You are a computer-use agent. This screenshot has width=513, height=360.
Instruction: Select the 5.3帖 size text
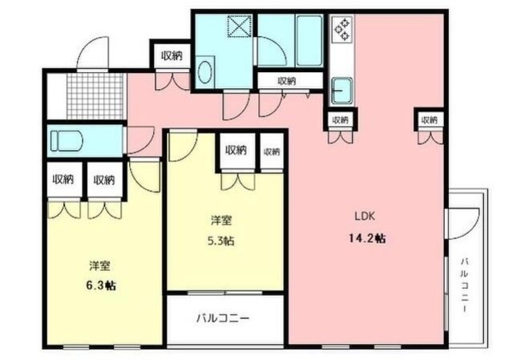point(223,241)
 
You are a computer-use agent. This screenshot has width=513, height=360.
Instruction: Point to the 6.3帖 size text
point(100,285)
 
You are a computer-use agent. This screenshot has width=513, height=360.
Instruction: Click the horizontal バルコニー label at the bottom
point(224,318)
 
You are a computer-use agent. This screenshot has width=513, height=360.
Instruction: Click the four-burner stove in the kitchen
point(342,31)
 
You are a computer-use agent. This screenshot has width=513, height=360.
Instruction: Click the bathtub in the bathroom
point(308,40)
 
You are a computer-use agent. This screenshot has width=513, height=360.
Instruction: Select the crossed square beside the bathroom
point(240,26)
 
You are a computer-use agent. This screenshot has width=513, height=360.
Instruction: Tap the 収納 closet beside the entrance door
point(171,55)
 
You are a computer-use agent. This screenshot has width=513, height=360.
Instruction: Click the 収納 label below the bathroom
point(286,80)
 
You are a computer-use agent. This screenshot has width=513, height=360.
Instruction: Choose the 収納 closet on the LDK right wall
point(428,119)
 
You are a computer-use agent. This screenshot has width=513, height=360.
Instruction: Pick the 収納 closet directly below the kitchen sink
point(339,119)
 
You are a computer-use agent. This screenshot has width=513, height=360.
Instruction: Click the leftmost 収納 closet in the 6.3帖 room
point(63,180)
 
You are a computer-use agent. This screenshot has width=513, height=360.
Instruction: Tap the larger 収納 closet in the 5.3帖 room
point(236,150)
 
